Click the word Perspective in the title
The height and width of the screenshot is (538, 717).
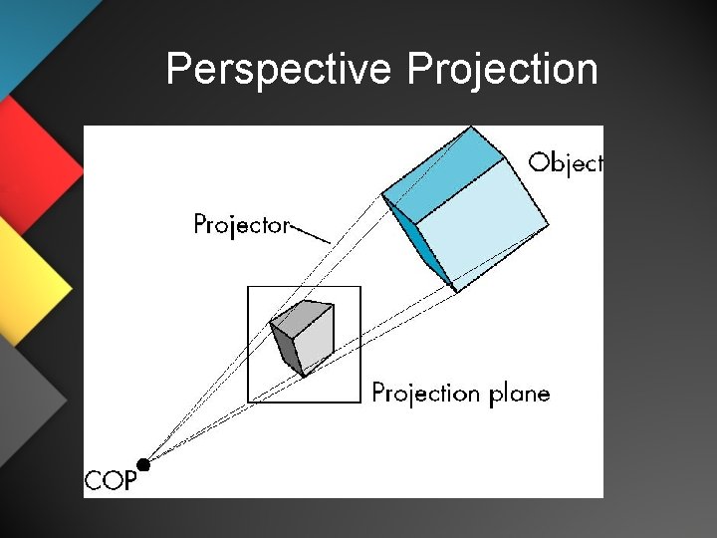pos(280,70)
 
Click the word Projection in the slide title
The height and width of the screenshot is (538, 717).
pos(503,70)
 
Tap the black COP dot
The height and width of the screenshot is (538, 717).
pos(143,464)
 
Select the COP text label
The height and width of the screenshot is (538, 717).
pos(109,482)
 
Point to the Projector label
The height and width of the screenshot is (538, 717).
pos(240,224)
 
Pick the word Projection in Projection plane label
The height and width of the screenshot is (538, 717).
pos(425,394)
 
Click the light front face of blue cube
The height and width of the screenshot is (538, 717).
pos(482,234)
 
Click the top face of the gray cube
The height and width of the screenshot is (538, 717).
pos(302,316)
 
